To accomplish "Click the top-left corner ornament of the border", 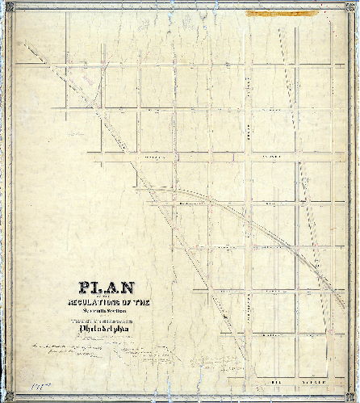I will pos(3,3).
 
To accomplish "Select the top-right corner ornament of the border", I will pos(356,3).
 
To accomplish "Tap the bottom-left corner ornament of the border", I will pos(3,399).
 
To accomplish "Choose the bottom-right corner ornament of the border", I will pos(356,399).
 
